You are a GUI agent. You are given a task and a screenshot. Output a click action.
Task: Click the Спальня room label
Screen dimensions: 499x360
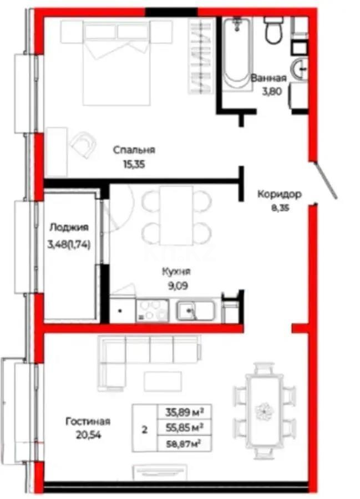134,150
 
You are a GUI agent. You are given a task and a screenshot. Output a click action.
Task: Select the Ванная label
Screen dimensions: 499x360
269,78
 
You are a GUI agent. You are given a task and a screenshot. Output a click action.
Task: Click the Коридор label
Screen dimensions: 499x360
279,195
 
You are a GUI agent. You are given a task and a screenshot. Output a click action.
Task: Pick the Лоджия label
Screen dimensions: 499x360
68,227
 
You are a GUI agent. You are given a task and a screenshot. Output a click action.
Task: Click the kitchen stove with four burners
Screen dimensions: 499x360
150,310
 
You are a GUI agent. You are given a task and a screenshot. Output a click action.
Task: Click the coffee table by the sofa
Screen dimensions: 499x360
163,381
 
